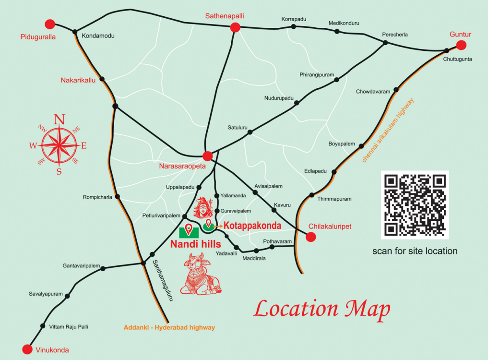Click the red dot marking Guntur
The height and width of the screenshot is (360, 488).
[x=461, y=45]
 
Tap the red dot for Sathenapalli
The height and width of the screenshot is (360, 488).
[x=235, y=27]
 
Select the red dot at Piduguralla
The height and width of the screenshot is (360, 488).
[x=50, y=24]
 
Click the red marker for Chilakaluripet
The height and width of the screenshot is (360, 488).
[x=310, y=237]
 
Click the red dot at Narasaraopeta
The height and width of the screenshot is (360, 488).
[x=207, y=156]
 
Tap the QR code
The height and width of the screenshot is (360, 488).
[x=415, y=205]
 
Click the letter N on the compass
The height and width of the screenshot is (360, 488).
[x=59, y=120]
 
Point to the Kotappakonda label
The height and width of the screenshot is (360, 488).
[x=252, y=225]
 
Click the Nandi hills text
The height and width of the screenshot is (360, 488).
[x=195, y=244]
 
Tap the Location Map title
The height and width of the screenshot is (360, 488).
[x=321, y=309]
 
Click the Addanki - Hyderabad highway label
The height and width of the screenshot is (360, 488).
[x=169, y=327]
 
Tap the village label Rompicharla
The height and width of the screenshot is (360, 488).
[x=97, y=197]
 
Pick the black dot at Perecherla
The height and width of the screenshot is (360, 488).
[x=385, y=43]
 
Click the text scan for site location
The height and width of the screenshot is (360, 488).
[x=415, y=251]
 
